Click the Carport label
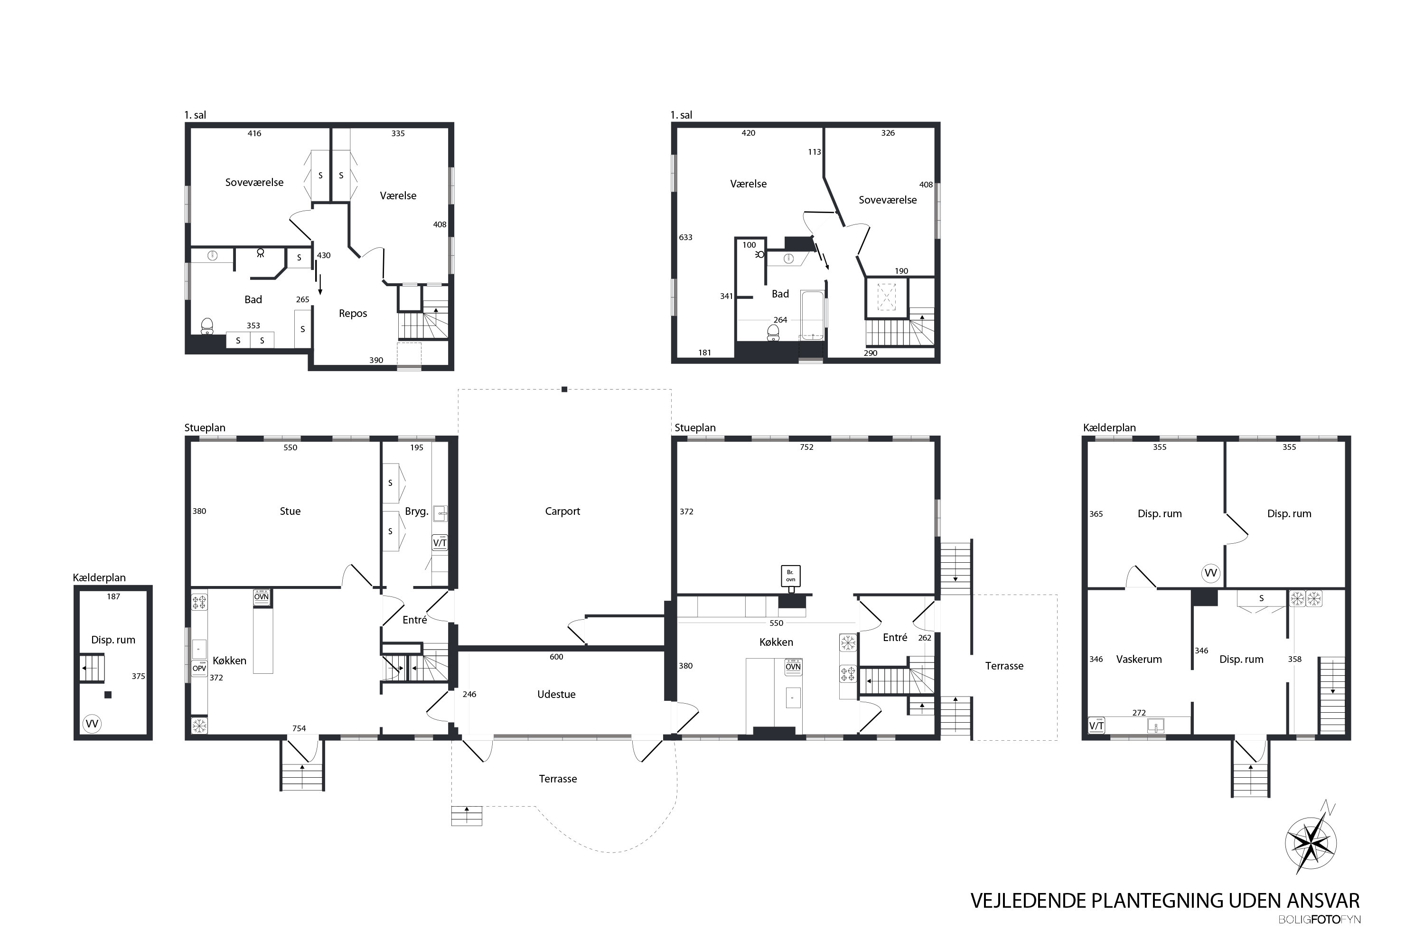coord(562,512)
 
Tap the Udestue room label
coord(556,694)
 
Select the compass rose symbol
coord(1310,843)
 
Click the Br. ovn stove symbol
coord(791,576)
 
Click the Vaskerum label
coord(1138,659)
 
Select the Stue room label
coord(290,512)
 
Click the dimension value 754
coord(299,729)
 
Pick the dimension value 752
coord(806,447)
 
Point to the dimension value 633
coord(685,237)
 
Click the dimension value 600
coord(556,657)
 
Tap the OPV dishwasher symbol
coord(199,668)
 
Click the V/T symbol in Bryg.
coord(440,542)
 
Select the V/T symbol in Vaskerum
coord(1096,725)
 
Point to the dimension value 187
coord(113,597)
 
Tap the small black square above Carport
coord(564,389)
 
